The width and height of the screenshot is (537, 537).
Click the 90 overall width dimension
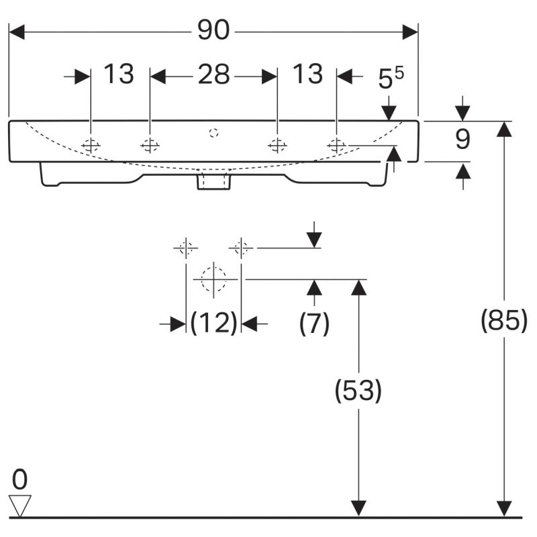coord(213,30)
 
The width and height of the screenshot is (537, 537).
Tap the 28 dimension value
coord(213,74)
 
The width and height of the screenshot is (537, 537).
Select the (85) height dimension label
coord(504,320)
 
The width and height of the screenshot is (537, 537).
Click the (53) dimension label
coord(358,391)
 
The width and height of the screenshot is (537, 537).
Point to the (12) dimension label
coord(213,323)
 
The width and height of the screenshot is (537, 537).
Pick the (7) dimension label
coord(314,323)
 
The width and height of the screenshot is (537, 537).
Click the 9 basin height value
coord(462,139)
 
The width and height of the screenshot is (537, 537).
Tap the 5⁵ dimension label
coord(391,78)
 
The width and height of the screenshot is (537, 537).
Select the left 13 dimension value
coord(119,74)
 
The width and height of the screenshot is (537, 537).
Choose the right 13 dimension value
coord(308,74)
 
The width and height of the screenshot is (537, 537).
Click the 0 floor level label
coord(19,479)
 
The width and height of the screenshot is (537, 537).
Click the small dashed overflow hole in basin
coord(213,132)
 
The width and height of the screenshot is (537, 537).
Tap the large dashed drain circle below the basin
coord(213,279)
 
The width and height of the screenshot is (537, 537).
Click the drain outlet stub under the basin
coord(213,181)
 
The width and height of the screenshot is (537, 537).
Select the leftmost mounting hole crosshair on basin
coord(91,146)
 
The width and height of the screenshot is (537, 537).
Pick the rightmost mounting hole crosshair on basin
coord(336,146)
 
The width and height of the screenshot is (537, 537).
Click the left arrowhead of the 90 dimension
coord(16,32)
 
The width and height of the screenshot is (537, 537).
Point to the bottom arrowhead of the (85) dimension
coord(504,509)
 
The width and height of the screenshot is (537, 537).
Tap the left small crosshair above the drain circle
coord(186,248)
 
